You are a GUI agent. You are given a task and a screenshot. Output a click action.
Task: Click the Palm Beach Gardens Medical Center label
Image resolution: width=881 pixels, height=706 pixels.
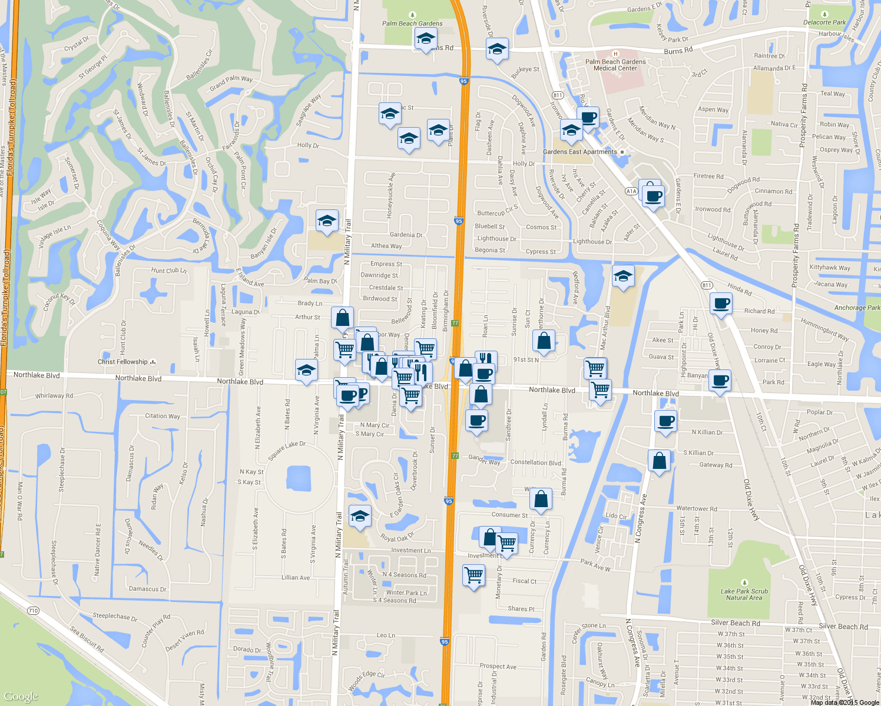click(615, 65)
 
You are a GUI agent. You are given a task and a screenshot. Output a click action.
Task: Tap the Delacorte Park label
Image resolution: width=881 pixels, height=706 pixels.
click(824, 22)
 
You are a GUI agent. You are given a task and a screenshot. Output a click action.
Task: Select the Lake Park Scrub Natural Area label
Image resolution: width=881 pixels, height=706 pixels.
click(744, 594)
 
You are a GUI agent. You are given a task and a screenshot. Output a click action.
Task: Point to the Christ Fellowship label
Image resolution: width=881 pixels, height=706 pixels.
click(122, 362)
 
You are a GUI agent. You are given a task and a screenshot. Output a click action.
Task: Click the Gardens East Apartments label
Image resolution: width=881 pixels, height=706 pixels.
click(580, 152)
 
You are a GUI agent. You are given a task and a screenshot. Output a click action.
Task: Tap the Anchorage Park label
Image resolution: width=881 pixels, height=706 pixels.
click(857, 308)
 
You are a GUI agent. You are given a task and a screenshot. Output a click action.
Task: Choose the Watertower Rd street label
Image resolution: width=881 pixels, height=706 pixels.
click(697, 508)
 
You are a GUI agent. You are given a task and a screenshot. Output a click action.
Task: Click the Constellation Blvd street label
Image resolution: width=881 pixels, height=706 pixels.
click(535, 462)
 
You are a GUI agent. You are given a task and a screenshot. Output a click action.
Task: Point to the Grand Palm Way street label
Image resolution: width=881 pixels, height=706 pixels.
click(231, 82)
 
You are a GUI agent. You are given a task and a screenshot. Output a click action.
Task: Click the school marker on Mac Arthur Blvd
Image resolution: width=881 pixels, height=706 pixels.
click(623, 276)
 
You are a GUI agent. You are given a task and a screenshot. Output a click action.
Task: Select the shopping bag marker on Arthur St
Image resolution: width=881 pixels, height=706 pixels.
click(343, 318)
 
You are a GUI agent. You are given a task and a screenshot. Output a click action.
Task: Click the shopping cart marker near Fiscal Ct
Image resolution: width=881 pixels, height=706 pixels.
click(474, 575)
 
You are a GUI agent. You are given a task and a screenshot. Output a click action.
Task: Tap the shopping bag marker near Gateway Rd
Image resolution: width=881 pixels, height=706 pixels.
click(660, 461)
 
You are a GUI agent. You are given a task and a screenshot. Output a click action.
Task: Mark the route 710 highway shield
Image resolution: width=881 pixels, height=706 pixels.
click(33, 611)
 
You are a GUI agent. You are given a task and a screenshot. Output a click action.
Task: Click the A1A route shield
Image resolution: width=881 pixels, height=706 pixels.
click(631, 191)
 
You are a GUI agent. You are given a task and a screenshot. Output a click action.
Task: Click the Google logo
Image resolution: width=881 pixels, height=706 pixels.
click(21, 697)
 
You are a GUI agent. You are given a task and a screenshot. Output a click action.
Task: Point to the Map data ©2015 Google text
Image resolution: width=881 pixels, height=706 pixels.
click(844, 702)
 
